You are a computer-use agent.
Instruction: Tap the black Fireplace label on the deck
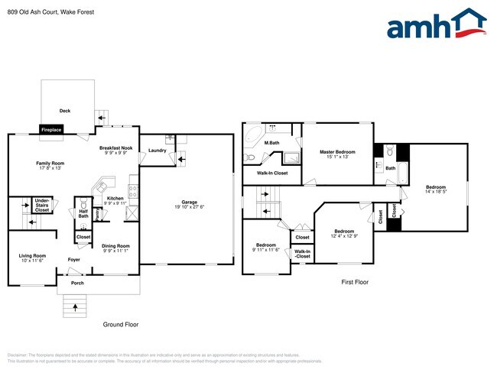(x=51, y=130)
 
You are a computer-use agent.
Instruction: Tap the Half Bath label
(x=83, y=214)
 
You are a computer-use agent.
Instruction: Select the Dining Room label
(x=115, y=248)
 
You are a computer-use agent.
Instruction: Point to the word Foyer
(x=74, y=260)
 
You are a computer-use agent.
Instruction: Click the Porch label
(x=77, y=284)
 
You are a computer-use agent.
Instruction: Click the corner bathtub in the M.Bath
(x=252, y=140)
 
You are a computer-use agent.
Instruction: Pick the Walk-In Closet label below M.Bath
(x=269, y=174)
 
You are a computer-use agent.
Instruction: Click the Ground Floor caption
(x=121, y=325)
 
